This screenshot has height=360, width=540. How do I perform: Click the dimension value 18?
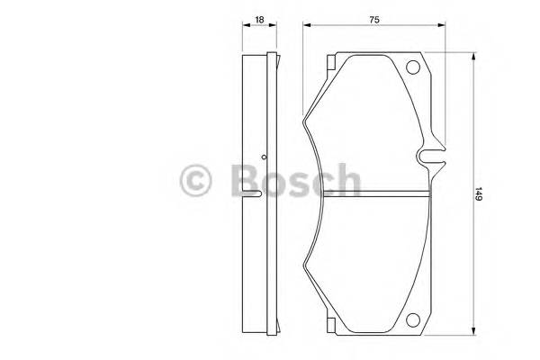259,18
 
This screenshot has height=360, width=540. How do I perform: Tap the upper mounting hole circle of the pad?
414,67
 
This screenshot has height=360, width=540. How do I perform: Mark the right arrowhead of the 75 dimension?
444,28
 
